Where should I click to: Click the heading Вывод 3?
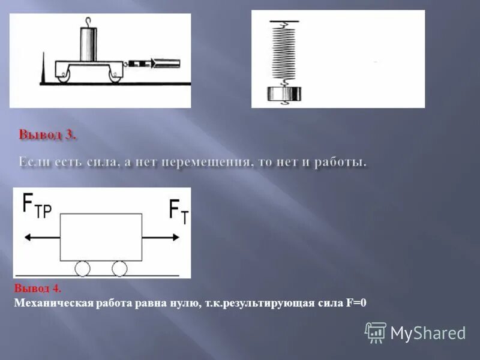[x=47, y=135]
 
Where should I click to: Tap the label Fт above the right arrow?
[x=178, y=211]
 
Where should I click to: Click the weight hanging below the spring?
[x=285, y=94]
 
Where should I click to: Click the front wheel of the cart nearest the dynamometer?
[x=115, y=74]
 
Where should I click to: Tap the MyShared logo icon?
[x=376, y=332]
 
